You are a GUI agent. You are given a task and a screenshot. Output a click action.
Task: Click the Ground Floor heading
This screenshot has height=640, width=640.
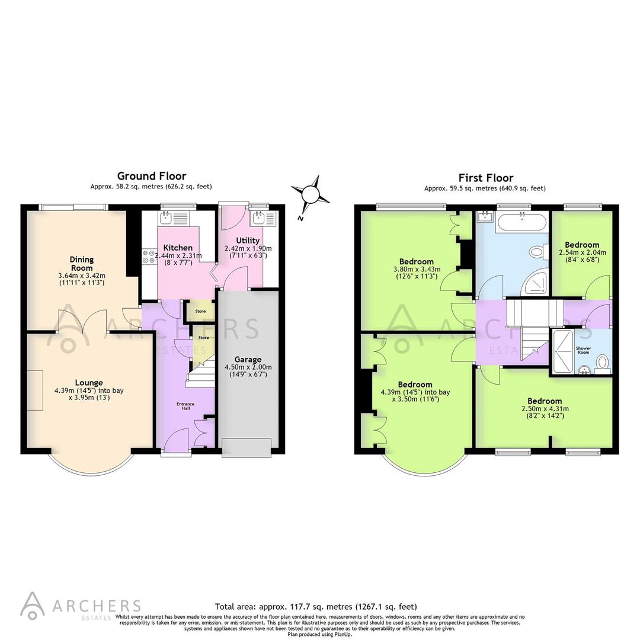point(151,176)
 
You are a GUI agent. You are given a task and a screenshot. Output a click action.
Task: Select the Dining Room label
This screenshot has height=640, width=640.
point(82,264)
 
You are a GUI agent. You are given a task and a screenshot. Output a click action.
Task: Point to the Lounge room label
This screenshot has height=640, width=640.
point(89,383)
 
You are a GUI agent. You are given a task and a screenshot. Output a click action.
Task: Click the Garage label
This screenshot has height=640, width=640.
point(248,360)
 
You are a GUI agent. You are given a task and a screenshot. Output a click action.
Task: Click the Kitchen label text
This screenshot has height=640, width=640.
point(178,248)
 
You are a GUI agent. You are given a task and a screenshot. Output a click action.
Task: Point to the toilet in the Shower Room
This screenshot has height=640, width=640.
point(601,362)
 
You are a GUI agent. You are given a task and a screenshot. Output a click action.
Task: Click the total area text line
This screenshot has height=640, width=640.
point(315,607)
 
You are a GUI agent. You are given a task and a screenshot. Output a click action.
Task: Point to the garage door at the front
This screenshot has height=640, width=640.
point(247,447)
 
